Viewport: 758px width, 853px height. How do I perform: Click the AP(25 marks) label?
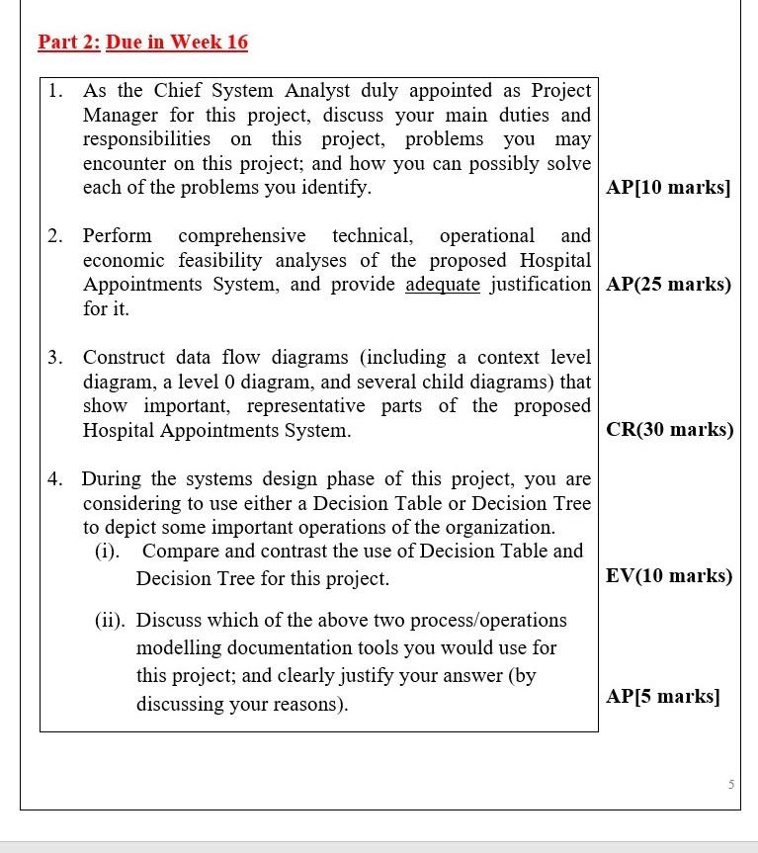(x=668, y=285)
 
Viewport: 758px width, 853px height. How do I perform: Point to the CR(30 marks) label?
(x=669, y=430)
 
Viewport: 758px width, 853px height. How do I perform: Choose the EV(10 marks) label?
(x=669, y=576)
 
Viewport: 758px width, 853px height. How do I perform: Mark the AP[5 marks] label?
(x=663, y=697)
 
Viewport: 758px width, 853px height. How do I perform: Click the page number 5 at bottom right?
(x=730, y=785)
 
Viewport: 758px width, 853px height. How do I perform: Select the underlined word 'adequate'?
(x=443, y=285)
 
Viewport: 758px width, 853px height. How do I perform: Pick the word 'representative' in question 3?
(x=311, y=405)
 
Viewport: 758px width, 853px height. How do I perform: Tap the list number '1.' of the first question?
(x=56, y=91)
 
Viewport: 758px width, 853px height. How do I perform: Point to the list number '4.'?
(x=56, y=479)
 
